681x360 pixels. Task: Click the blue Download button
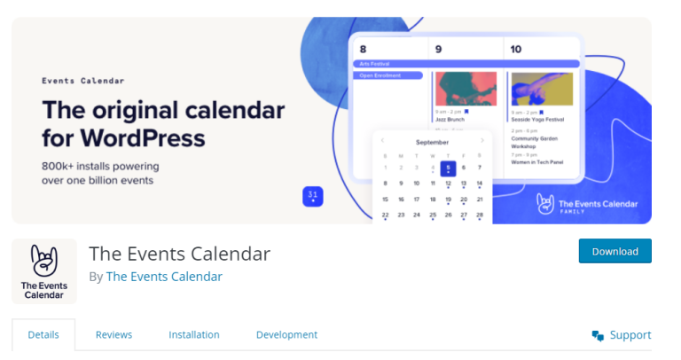tap(614, 251)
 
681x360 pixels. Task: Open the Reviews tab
tap(113, 334)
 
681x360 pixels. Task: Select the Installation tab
tap(194, 334)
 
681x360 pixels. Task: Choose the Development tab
tap(286, 334)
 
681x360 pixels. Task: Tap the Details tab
tap(43, 334)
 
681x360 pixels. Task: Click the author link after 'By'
tap(164, 276)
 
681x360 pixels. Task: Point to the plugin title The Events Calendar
tap(179, 253)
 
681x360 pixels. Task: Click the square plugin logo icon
tap(43, 271)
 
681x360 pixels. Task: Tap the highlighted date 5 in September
tap(448, 167)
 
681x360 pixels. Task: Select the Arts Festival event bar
tap(466, 64)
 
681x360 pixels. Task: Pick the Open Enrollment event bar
tap(390, 75)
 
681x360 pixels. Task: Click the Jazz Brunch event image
tap(466, 90)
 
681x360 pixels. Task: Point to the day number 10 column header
tap(516, 49)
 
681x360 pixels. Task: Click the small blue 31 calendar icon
tap(312, 196)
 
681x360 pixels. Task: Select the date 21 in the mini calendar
tap(480, 199)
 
